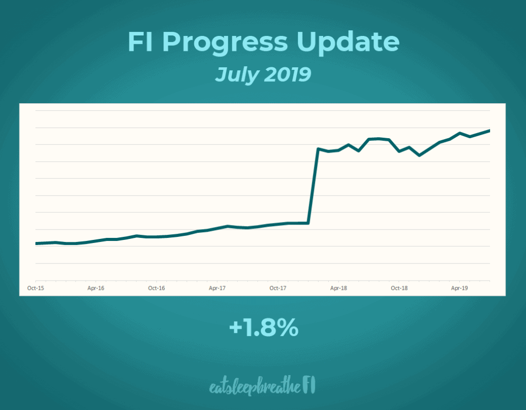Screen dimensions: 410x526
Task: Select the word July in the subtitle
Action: click(237, 75)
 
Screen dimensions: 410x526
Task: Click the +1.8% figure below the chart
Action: click(264, 328)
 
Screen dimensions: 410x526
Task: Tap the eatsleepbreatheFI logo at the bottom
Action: click(262, 386)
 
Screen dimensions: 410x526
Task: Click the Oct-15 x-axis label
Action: click(35, 288)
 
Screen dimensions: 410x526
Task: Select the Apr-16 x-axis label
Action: click(96, 288)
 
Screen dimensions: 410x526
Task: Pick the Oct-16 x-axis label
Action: click(156, 288)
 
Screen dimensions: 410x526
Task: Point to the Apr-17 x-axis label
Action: click(217, 288)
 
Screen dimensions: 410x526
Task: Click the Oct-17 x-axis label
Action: click(278, 288)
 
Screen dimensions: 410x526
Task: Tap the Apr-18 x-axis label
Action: click(339, 288)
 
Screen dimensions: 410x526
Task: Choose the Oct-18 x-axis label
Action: click(399, 288)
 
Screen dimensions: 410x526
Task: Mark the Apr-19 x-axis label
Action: click(459, 288)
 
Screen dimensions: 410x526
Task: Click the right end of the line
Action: click(490, 131)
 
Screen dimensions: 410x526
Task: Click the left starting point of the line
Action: click(36, 244)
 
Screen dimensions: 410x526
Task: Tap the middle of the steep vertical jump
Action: click(313, 186)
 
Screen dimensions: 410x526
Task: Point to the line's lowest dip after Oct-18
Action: click(420, 155)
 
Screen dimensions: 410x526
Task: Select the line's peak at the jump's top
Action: click(318, 149)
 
